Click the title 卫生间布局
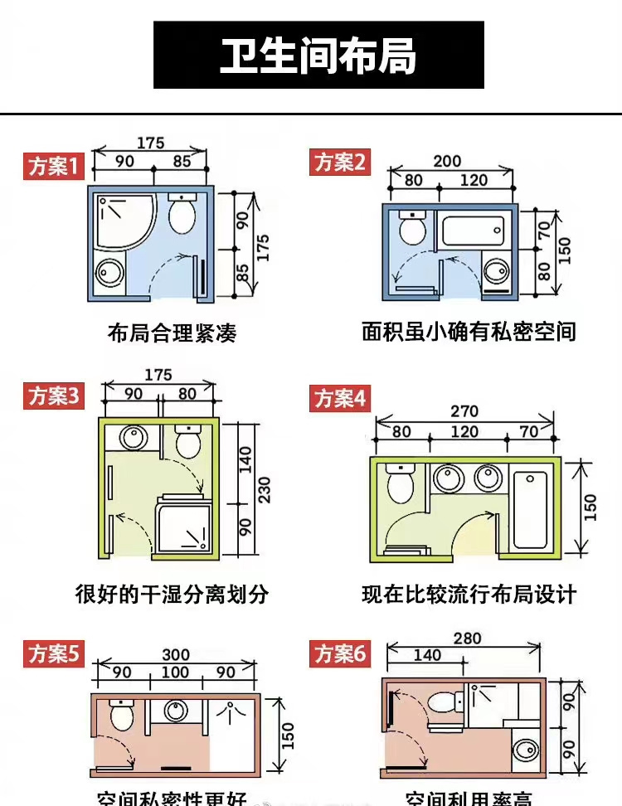pyautogui.click(x=318, y=56)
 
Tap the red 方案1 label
pyautogui.click(x=54, y=167)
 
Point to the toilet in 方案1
pyautogui.click(x=182, y=215)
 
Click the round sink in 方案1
pyautogui.click(x=109, y=272)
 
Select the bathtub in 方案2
pyautogui.click(x=473, y=231)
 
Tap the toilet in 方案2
pyautogui.click(x=411, y=228)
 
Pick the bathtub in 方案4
pyautogui.click(x=531, y=510)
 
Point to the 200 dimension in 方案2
pyautogui.click(x=448, y=161)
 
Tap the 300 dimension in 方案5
pyautogui.click(x=176, y=655)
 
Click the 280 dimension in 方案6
pyautogui.click(x=468, y=638)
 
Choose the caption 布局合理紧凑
pyautogui.click(x=173, y=333)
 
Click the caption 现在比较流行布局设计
pyautogui.click(x=469, y=595)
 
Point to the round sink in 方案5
pyautogui.click(x=176, y=711)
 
